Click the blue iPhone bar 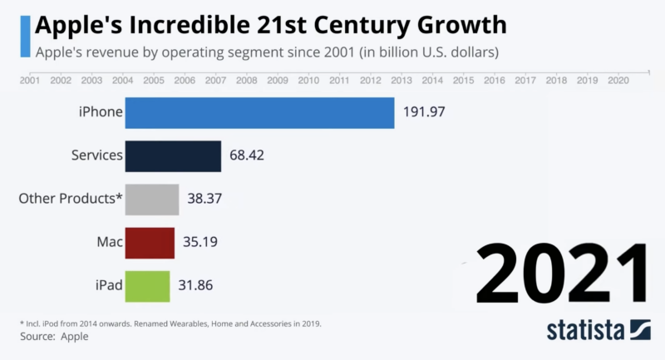pos(259,113)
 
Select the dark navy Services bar pos(173,156)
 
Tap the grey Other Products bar pos(152,200)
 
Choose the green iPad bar pos(147,287)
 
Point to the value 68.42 pos(249,156)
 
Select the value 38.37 pos(206,200)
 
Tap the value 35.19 pos(202,244)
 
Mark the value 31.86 pos(198,287)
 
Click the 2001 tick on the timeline pos(29,81)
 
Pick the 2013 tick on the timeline pos(401,81)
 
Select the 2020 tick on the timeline pos(618,81)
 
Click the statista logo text pos(586,330)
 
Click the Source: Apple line pos(53,337)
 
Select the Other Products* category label pos(71,200)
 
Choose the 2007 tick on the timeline pos(215,81)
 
